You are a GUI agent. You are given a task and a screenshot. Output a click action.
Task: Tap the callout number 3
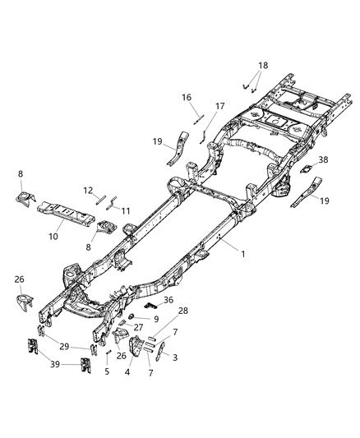(x=173, y=357)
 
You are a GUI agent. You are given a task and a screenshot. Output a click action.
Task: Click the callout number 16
(x=187, y=97)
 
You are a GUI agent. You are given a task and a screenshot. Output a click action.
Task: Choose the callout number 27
(x=139, y=327)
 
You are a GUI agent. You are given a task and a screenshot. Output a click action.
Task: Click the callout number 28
(x=183, y=310)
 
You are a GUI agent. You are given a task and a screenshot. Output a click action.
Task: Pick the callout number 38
(x=323, y=160)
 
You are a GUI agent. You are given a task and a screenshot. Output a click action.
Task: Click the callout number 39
(x=55, y=362)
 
